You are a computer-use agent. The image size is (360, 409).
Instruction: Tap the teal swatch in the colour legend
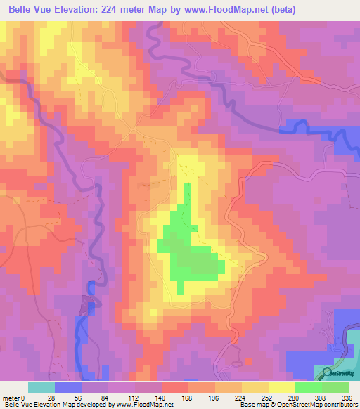coord(41,388)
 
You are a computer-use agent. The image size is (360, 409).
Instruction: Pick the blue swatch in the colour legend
coord(68,388)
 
